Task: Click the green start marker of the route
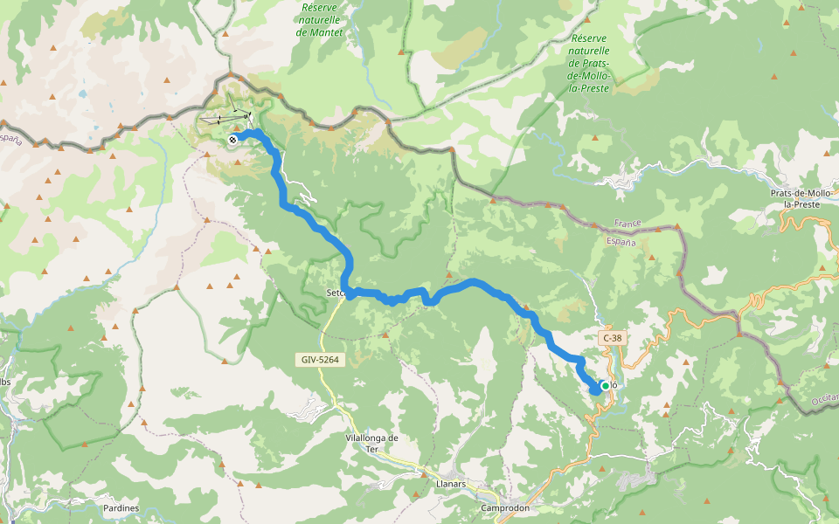click(605, 386)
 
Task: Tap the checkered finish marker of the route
click(232, 140)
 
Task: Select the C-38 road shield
click(612, 337)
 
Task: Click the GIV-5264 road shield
click(316, 359)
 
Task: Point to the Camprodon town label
click(506, 507)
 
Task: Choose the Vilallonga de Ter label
click(372, 444)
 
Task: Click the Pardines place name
click(121, 507)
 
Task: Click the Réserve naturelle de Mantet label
click(320, 19)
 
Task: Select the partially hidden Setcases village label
click(336, 293)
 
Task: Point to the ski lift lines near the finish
click(225, 118)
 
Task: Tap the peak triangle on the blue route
click(526, 311)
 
